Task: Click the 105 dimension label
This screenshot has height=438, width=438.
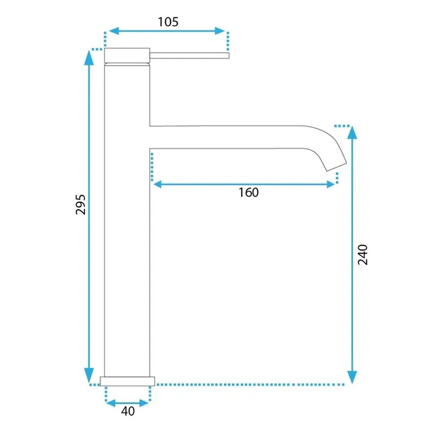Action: (168, 22)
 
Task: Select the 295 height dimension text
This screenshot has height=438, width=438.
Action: (81, 205)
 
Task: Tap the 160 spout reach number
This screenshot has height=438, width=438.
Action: (248, 192)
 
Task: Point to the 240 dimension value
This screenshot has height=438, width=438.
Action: (363, 254)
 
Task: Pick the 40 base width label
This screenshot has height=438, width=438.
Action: (128, 411)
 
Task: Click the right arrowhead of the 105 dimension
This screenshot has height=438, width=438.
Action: (220, 31)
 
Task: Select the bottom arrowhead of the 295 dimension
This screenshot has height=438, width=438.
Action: (89, 375)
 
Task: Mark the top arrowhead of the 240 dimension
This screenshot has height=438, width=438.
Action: (352, 133)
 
